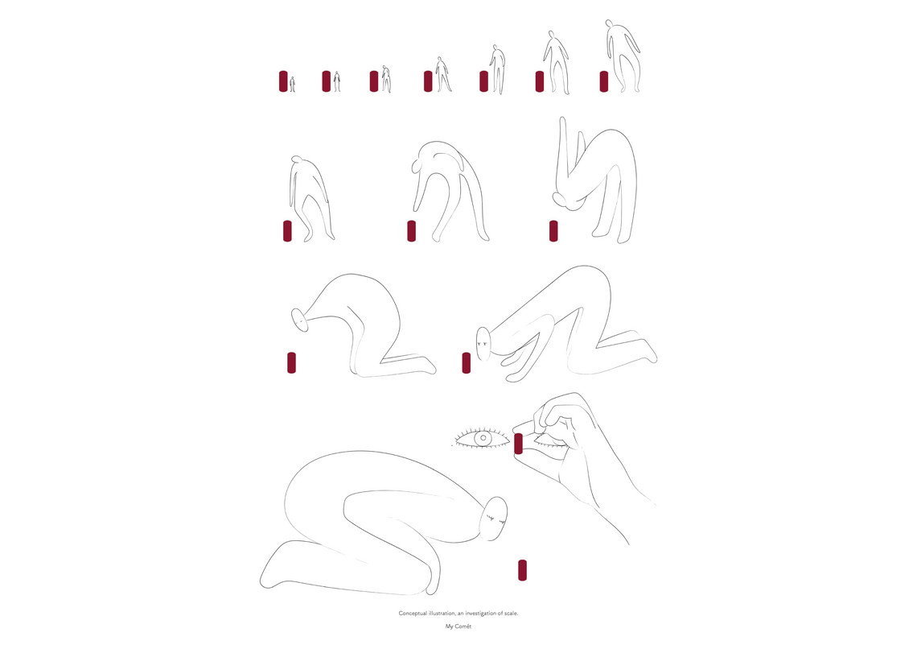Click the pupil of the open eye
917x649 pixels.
[483, 438]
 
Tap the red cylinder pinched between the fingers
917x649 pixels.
[518, 444]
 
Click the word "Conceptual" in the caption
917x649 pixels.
[413, 614]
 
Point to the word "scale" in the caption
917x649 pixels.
[511, 614]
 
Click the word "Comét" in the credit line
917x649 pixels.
[464, 626]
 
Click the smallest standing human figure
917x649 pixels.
[293, 84]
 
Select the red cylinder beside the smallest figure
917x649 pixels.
[283, 81]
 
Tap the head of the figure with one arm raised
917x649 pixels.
[565, 200]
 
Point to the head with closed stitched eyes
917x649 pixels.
[496, 519]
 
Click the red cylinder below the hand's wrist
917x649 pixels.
[522, 571]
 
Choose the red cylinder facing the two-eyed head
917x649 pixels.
[466, 363]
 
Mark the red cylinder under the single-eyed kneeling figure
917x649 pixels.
[291, 363]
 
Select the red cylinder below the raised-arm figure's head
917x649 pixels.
[553, 230]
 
